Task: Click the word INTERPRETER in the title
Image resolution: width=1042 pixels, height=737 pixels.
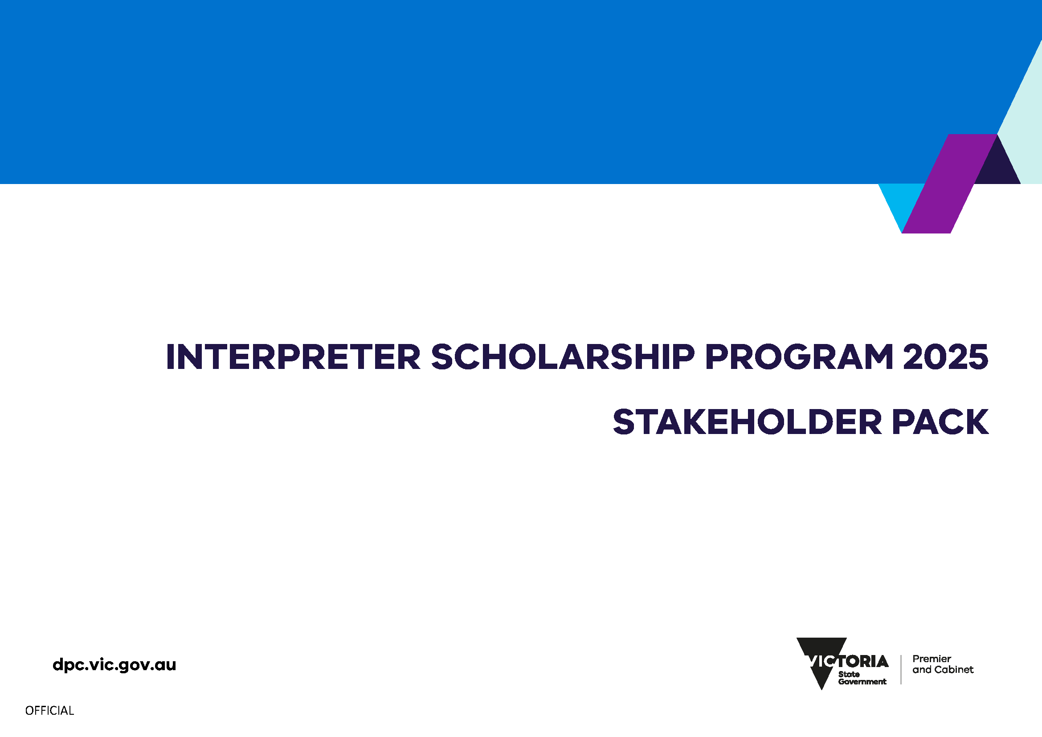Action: (293, 357)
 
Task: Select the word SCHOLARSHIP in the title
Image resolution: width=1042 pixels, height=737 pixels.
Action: (563, 357)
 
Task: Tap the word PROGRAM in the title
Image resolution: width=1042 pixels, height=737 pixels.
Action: (799, 357)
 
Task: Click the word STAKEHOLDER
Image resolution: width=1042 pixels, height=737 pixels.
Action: (747, 422)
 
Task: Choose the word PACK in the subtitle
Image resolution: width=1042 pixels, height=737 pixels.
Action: (940, 422)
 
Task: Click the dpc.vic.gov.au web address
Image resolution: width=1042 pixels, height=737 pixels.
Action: (114, 665)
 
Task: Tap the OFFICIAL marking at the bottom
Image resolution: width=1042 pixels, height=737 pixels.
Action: (49, 711)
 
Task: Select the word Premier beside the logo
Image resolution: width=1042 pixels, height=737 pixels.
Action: (932, 659)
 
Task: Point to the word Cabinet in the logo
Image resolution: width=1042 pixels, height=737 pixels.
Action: (955, 670)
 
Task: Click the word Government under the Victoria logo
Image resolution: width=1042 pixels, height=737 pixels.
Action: (862, 682)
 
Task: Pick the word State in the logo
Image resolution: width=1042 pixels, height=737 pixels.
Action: (849, 674)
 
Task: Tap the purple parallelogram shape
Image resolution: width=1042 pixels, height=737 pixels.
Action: (949, 184)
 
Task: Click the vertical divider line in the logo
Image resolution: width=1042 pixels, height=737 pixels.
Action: (901, 669)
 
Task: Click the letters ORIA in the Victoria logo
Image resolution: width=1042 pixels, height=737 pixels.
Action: (869, 662)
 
